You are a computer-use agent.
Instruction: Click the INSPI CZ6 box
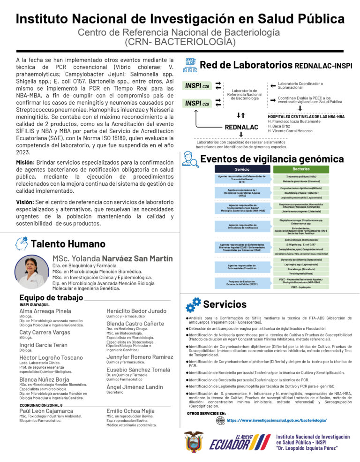click(197, 86)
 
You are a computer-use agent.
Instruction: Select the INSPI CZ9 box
click(197, 103)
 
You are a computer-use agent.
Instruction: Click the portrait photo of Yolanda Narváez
click(32, 273)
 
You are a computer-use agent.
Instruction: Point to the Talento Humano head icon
click(22, 243)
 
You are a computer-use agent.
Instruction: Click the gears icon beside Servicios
click(193, 304)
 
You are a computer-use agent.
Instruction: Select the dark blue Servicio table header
click(241, 169)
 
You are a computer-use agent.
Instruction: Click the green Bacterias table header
click(300, 168)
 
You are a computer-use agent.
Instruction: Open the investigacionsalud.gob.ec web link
click(277, 421)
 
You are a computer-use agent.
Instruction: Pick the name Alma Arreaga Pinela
click(45, 311)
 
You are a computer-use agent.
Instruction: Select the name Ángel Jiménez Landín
click(135, 386)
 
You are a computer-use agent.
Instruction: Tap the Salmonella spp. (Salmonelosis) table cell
click(300, 240)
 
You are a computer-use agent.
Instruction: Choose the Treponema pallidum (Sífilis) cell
click(300, 176)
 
